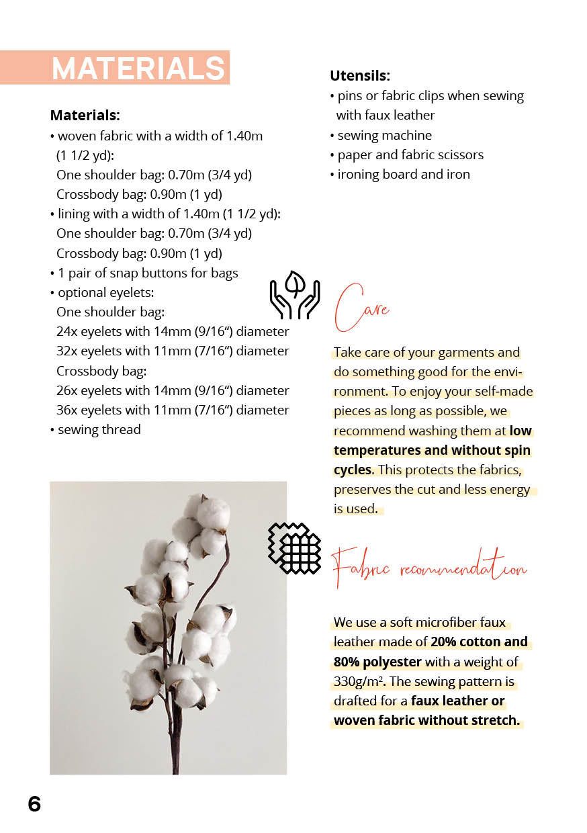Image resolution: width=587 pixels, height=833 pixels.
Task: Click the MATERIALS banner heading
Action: point(138,69)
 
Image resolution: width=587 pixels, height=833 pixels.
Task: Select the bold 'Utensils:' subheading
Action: point(360,76)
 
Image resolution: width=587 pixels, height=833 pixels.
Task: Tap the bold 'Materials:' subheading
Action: point(85,116)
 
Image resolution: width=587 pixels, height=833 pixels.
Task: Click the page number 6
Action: point(34,804)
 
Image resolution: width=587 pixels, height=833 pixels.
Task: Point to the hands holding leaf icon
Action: point(294,295)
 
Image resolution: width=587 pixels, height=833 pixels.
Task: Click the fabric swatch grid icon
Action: point(296,548)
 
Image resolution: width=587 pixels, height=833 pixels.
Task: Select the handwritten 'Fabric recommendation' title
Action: point(430,569)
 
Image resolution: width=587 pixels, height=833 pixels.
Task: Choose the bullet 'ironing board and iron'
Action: point(403,174)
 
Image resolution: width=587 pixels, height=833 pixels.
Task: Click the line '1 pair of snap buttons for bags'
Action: point(147,273)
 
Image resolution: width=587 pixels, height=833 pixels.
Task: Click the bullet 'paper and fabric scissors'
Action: point(410,155)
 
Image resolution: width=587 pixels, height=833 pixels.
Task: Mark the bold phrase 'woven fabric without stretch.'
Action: point(426,721)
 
